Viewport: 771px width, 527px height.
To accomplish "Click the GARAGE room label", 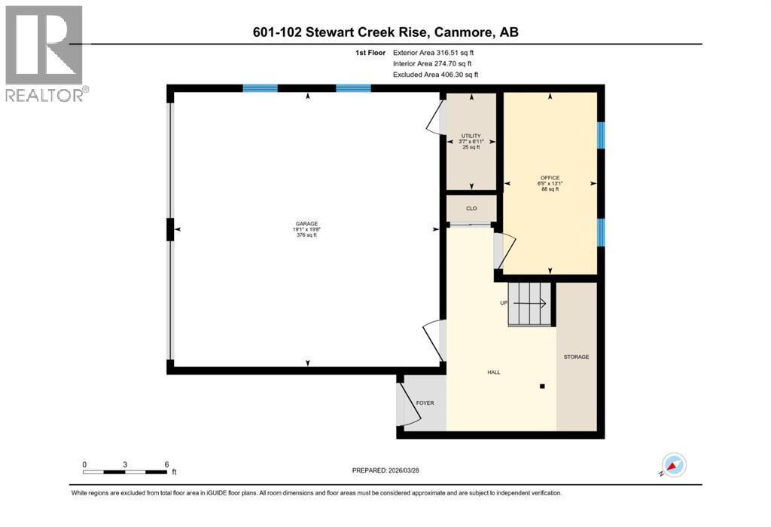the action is click(x=306, y=224).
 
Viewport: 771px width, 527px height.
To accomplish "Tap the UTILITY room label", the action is click(x=471, y=136).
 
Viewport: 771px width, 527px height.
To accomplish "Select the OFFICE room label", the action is click(x=550, y=178).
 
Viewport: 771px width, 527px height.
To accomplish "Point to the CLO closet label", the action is click(x=471, y=208).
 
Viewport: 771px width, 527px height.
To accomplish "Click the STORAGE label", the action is click(x=576, y=357).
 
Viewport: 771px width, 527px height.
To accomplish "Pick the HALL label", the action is click(x=494, y=372).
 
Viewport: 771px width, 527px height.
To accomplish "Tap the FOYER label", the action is click(x=425, y=403).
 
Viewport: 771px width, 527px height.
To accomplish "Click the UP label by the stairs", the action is click(x=504, y=303).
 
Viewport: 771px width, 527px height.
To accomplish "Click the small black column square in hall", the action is click(x=542, y=387).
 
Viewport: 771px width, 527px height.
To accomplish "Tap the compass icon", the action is click(x=674, y=464).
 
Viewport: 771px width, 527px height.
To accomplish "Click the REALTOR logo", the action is click(x=44, y=54).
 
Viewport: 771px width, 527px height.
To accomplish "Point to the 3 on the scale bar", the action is click(x=126, y=464).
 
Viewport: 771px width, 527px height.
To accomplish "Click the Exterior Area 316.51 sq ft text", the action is click(x=433, y=53).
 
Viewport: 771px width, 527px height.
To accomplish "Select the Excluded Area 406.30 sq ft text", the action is click(x=436, y=75).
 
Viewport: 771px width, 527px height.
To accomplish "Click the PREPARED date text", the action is click(x=385, y=470).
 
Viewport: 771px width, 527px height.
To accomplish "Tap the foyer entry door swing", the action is click(x=412, y=404).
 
